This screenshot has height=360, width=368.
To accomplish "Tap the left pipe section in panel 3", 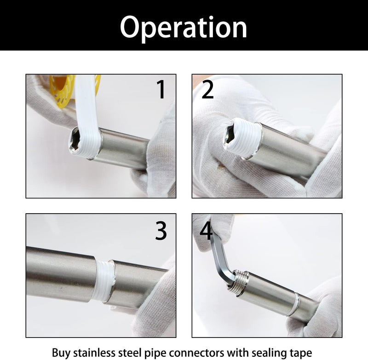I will (x=60, y=272).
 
